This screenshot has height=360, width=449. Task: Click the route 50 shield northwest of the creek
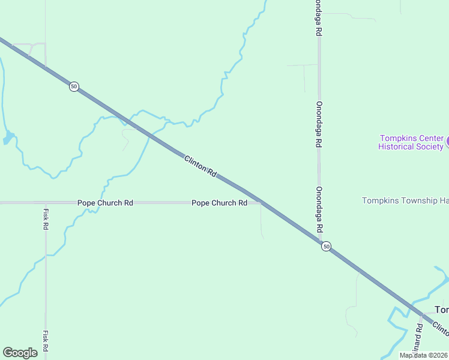point(73,86)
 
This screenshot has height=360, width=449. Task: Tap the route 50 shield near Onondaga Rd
point(325,247)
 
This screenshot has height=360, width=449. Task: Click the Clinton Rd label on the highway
point(200,166)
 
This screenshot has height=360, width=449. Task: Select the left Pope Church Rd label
point(105,203)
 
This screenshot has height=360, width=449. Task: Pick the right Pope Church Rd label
point(219,203)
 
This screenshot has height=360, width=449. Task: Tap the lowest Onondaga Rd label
point(319,209)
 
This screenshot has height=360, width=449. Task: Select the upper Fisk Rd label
point(46,219)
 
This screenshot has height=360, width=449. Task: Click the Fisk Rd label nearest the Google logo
point(46,341)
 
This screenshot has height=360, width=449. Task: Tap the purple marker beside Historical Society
point(447,142)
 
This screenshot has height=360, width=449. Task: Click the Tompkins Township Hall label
point(405,200)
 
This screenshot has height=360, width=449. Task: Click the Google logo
point(20,353)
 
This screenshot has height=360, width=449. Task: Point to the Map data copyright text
point(423,355)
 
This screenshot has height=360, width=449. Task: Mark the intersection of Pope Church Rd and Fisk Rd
point(46,203)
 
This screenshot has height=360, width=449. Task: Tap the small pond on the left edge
point(8,139)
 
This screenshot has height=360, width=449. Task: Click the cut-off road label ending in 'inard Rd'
point(419,336)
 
